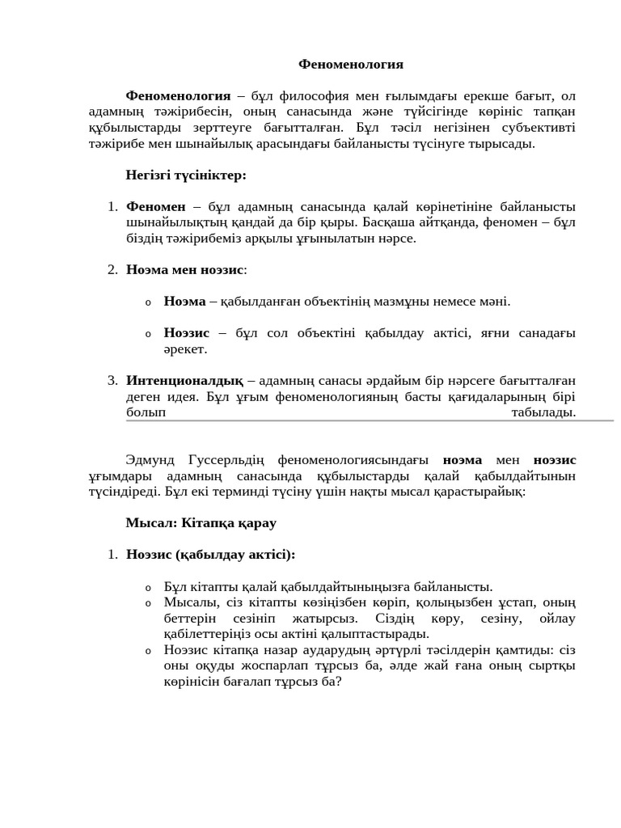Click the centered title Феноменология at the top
point(351,64)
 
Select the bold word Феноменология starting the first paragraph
point(178,96)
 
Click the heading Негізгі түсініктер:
point(185,175)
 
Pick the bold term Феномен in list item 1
point(156,206)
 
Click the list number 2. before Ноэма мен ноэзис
point(112,269)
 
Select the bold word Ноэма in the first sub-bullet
point(184,302)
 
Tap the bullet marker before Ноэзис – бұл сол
point(148,334)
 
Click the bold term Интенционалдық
point(184,380)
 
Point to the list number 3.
point(112,380)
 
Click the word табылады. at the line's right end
point(543,412)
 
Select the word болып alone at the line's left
point(146,412)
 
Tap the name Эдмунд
point(155,459)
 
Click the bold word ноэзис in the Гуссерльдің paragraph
point(555,459)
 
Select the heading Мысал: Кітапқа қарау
point(201,523)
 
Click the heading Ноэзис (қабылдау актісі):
point(210,555)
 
